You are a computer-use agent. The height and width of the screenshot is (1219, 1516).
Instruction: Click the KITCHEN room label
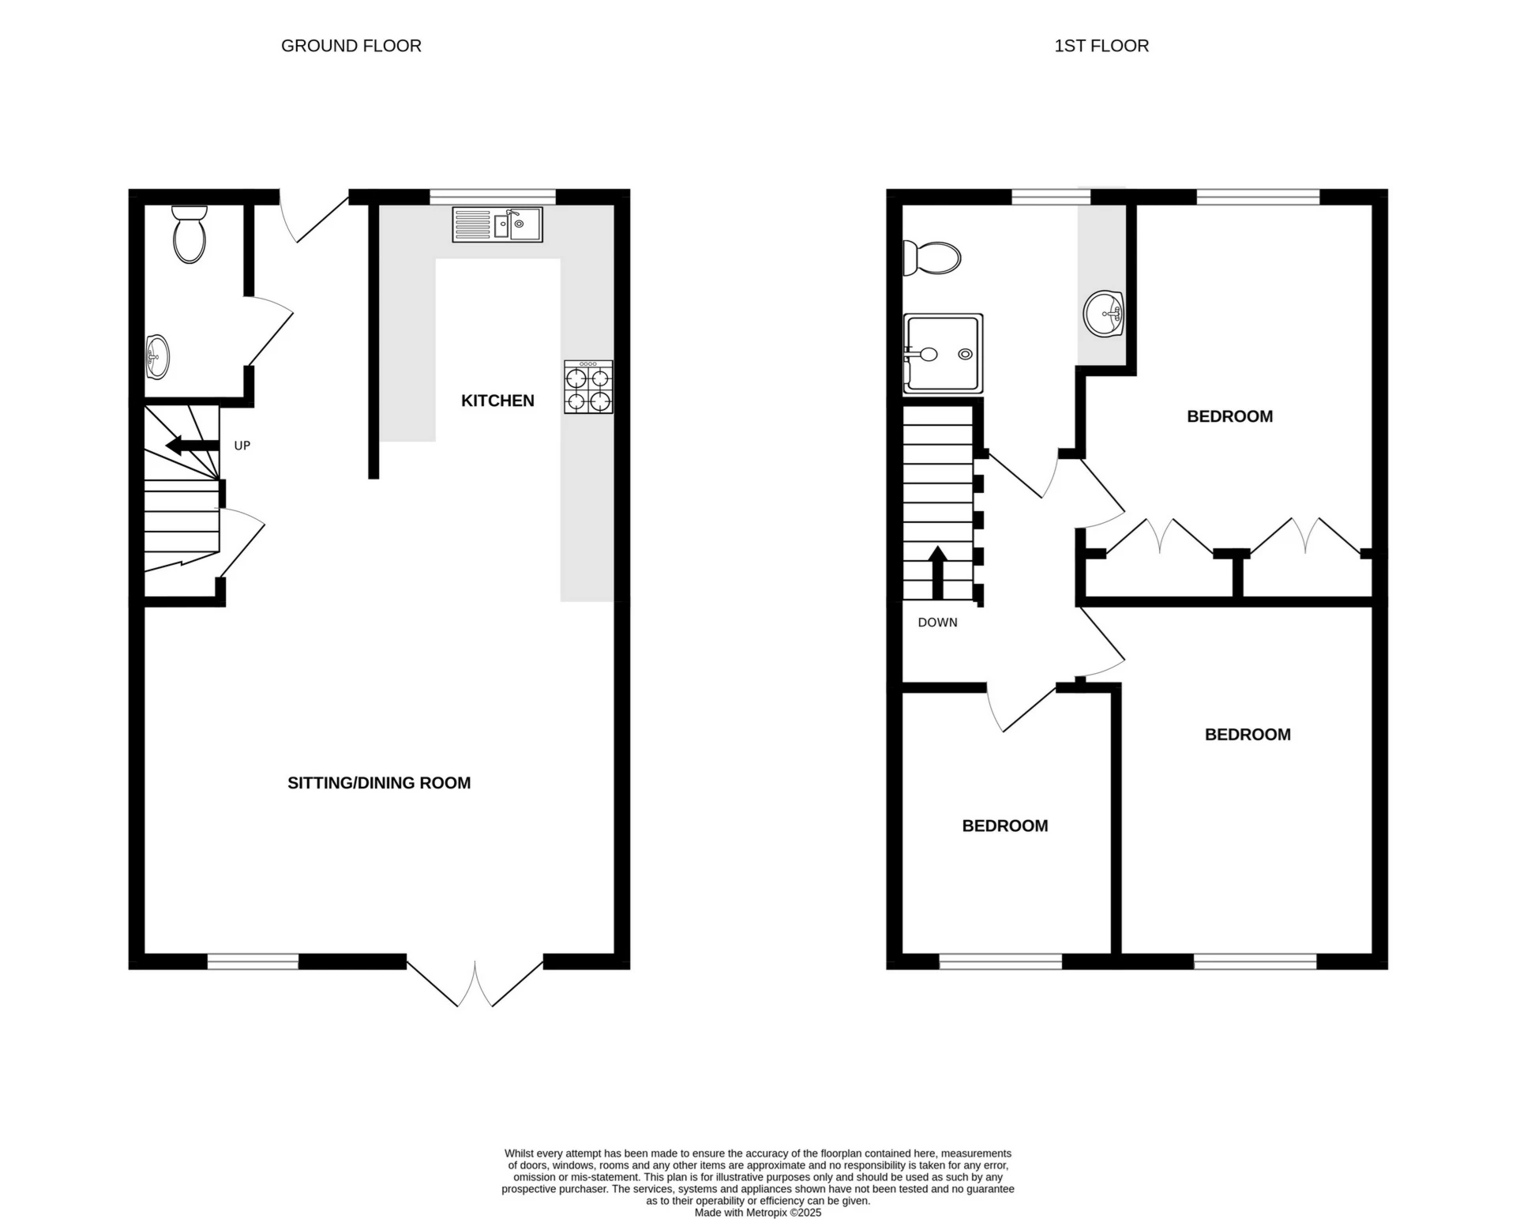pos(497,401)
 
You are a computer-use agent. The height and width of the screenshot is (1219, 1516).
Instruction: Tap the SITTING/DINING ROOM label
pos(379,783)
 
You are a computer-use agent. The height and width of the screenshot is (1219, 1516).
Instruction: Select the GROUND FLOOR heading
pos(351,46)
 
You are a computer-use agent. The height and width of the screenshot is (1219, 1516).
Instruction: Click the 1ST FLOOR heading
pos(1101,46)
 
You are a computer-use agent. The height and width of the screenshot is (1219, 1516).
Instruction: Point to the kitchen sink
pos(497,224)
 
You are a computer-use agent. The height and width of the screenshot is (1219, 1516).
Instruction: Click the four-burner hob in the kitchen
pos(588,387)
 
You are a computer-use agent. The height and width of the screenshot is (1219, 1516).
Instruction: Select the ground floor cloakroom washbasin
pos(157,357)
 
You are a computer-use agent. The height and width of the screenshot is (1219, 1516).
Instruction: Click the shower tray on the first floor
pos(944,354)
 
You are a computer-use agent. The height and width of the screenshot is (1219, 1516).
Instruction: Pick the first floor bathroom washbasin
pos(1104,314)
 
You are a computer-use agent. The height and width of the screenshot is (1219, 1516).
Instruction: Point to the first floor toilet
pos(932,258)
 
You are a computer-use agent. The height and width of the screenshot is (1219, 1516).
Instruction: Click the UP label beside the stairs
pos(242,446)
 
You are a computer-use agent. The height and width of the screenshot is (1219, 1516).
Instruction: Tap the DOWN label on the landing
pos(937,623)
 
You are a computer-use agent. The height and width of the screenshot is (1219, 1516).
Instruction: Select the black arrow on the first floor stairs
pos(937,572)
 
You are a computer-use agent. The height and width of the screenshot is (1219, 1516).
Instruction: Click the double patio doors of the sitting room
pos(475,983)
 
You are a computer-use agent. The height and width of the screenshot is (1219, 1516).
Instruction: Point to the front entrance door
pos(314,216)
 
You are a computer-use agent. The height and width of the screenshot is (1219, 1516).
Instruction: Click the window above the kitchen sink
pos(493,197)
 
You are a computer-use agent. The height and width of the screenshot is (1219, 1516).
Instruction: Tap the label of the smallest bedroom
pos(1004,826)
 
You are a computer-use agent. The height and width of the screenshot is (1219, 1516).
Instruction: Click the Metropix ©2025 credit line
pos(757,1213)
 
